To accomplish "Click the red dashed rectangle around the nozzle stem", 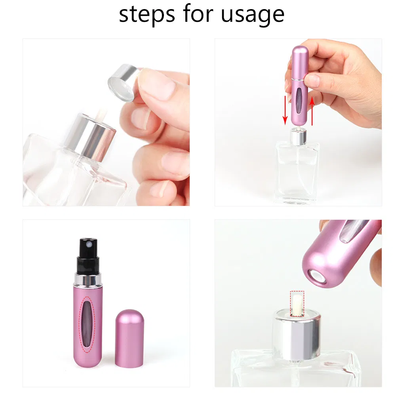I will coord(297,304).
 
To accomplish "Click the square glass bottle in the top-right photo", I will coord(297,172).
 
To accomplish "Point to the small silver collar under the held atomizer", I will coord(297,136).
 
